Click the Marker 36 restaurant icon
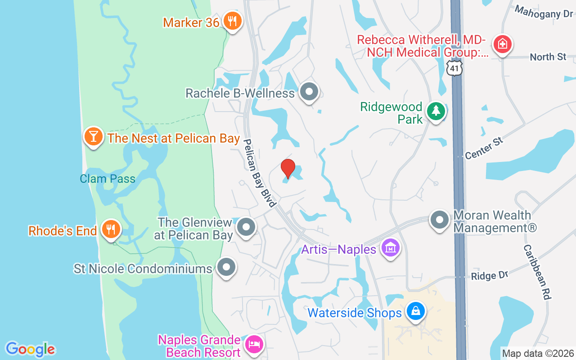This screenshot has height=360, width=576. click(x=232, y=21)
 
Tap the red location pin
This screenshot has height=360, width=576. click(x=288, y=168)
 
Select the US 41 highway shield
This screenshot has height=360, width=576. click(x=455, y=67)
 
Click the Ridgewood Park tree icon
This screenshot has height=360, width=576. click(x=435, y=111)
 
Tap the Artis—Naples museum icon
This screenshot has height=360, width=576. click(x=390, y=247)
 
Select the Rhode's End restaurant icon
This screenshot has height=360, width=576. click(x=109, y=229)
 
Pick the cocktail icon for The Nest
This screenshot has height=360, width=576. click(x=93, y=136)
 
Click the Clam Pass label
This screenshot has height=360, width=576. click(x=108, y=179)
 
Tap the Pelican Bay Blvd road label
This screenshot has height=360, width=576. click(x=259, y=173)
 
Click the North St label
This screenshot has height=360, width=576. click(x=548, y=57)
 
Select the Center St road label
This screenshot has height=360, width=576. click(x=484, y=148)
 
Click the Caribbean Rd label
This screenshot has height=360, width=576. click(x=537, y=273)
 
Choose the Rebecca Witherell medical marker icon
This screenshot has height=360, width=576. click(x=500, y=44)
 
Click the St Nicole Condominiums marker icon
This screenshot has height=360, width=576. click(x=226, y=267)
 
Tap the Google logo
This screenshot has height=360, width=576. click(x=30, y=349)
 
